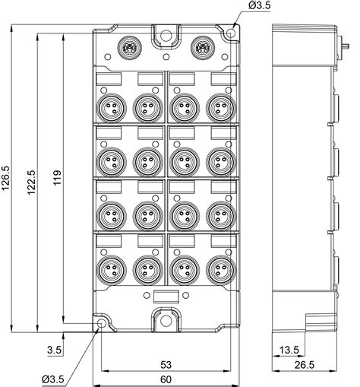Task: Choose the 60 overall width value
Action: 165,378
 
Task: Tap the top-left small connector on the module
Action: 128,49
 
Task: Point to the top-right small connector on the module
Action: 202,49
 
